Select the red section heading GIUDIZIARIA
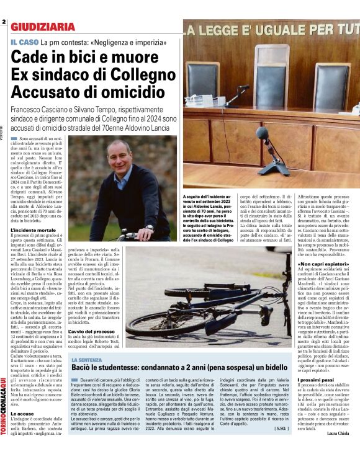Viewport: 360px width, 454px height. [42, 27]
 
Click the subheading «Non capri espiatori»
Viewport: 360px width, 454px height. [323, 263]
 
